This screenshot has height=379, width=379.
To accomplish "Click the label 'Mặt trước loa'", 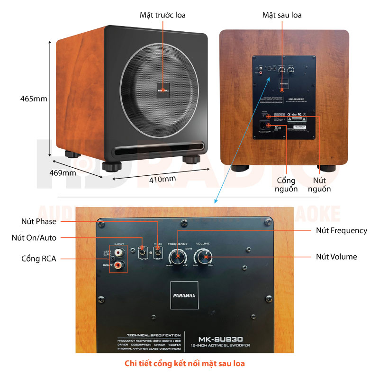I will point(162,15).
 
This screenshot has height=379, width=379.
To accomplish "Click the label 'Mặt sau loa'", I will point(282,15).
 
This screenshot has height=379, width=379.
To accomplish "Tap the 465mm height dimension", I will point(34,99).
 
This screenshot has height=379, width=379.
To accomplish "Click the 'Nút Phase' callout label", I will point(39,221).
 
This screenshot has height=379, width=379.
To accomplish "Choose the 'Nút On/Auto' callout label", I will point(34,238).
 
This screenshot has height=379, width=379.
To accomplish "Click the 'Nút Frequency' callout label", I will point(342,231).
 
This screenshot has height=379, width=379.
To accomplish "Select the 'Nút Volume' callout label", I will point(336,257).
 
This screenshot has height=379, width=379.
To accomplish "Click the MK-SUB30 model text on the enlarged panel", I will point(221,339).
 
